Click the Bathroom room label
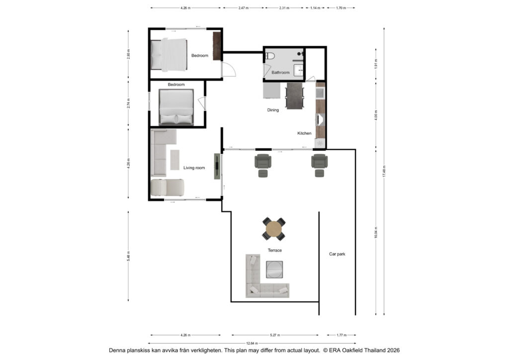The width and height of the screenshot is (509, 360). pos(280,73)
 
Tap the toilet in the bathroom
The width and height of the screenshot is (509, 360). pos(270,56)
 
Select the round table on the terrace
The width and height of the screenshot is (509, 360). pos(274,229)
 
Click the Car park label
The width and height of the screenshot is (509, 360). pos(337,254)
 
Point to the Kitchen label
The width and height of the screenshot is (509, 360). pos(304,133)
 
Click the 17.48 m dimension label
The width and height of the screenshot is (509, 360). pos(384,171)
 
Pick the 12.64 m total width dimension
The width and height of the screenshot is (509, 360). pos(252,343)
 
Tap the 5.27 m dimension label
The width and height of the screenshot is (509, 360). pos(274,335)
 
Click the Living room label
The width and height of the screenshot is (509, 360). pos(194,168)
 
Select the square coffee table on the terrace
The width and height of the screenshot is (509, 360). pos(274,270)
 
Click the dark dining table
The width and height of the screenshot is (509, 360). pos(294,96)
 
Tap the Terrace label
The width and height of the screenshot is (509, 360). pos(274,250)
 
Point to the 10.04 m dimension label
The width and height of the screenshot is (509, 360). pos(376,232)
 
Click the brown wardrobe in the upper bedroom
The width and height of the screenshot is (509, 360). pos(217,46)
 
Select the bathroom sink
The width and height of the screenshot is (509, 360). pos(299,70)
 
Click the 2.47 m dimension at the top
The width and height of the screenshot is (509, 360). pos(244,8)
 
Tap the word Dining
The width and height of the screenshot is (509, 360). pos(273,110)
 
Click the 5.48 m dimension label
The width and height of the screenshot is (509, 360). pos(129,256)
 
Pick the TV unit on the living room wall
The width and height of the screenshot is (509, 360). pos(217,166)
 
